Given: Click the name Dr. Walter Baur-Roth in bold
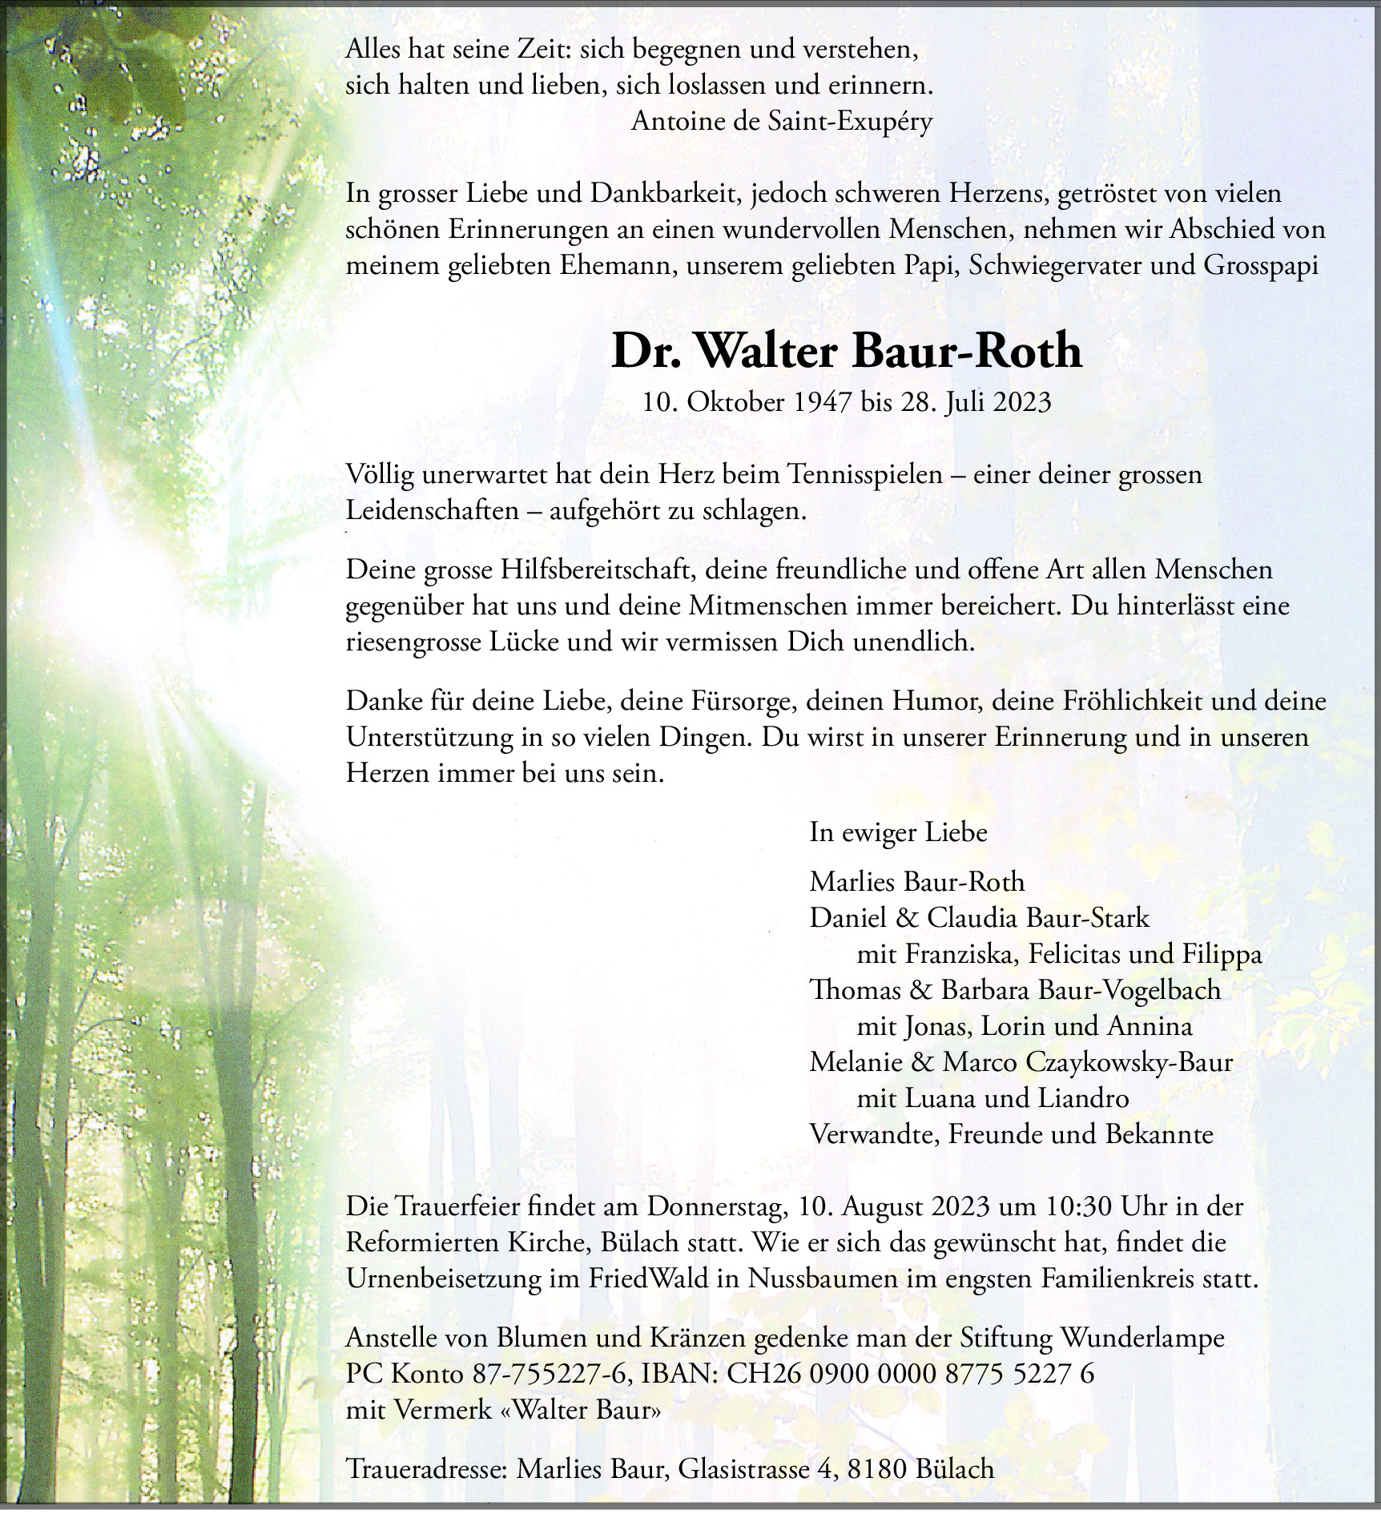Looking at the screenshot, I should coord(847,351).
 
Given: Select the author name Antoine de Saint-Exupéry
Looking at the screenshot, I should coord(782,122).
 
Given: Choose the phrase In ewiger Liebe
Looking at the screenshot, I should coord(898,832).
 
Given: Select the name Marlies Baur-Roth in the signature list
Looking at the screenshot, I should coord(917,881).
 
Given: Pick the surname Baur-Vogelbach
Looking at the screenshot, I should coord(1129,990).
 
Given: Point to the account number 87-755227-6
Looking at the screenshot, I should coord(547,1374).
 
